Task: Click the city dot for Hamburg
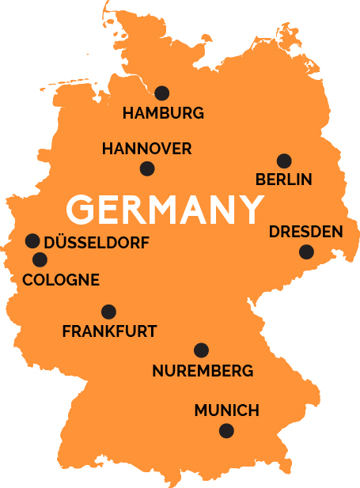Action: (x=162, y=93)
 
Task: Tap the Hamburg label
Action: (x=163, y=113)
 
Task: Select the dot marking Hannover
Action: (x=147, y=168)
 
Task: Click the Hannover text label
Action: (x=147, y=149)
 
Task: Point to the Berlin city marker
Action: (x=284, y=161)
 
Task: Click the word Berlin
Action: (x=284, y=180)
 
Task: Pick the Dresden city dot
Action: (x=306, y=252)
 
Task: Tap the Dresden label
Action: (x=305, y=233)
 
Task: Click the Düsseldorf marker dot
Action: (x=32, y=240)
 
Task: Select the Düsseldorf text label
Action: (x=96, y=241)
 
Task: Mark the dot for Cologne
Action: (x=39, y=259)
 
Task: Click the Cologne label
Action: (x=61, y=280)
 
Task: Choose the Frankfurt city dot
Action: (x=108, y=312)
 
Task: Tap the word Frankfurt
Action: (x=109, y=331)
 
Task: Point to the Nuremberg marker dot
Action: (x=201, y=350)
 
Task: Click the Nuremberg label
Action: (x=203, y=370)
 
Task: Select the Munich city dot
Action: (x=226, y=431)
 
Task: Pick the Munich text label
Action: (x=226, y=410)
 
